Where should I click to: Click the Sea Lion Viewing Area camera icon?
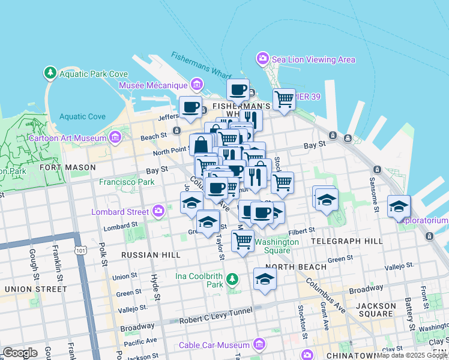point(262,59)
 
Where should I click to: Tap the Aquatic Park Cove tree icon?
point(50,73)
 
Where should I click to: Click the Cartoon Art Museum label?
point(67,138)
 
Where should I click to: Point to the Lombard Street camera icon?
point(158,211)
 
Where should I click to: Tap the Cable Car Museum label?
point(214,345)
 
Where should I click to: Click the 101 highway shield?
point(79,250)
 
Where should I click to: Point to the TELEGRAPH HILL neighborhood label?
point(347,241)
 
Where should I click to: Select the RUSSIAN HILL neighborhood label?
point(151,255)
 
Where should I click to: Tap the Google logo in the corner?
point(20,353)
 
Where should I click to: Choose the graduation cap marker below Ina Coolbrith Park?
point(265,280)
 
